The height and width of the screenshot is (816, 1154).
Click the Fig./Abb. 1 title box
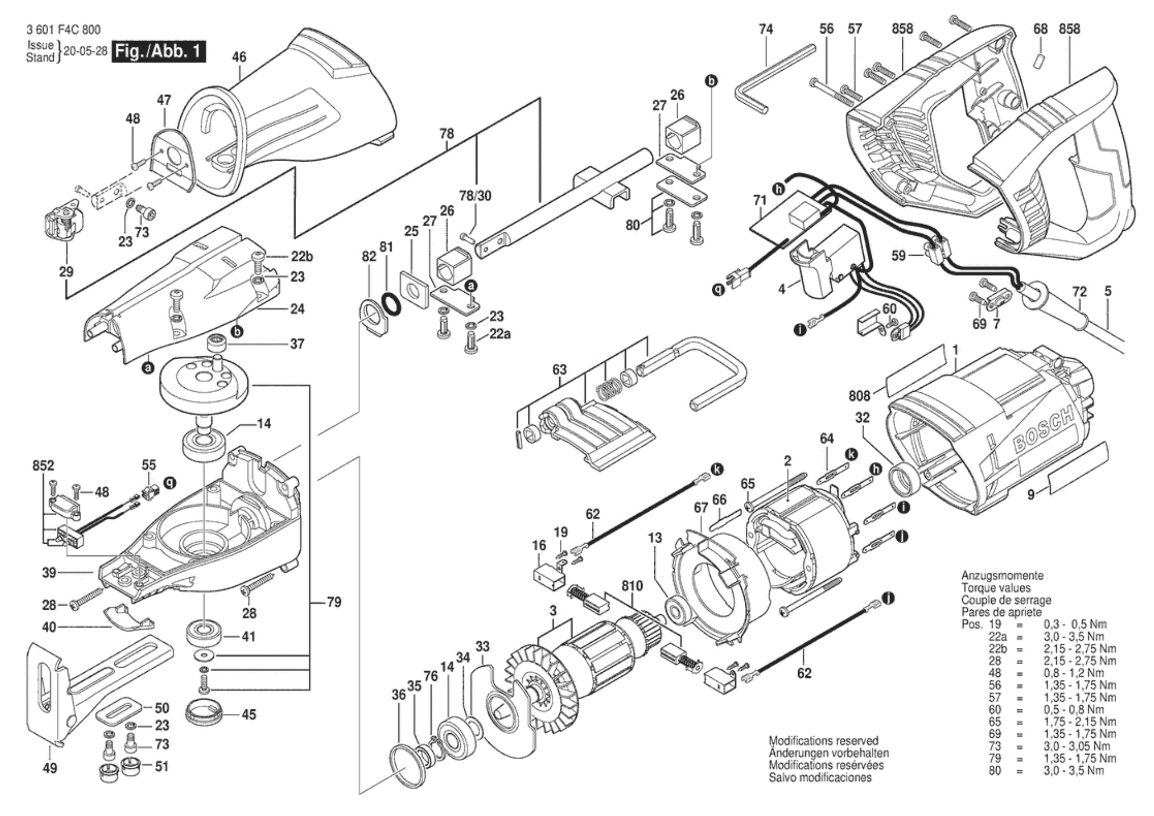[x=158, y=51]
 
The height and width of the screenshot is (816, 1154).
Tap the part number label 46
[x=239, y=57]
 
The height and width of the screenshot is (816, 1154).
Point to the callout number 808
[x=859, y=395]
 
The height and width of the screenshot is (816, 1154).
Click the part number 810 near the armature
[x=632, y=586]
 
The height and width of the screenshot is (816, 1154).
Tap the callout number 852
[x=43, y=465]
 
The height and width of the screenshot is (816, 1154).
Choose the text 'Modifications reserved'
[x=823, y=741]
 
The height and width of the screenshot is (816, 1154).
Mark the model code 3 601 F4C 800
[x=63, y=30]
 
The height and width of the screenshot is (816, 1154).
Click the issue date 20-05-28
[x=85, y=51]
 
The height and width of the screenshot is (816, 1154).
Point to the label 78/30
[x=475, y=196]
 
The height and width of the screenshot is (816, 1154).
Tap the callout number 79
[x=334, y=602]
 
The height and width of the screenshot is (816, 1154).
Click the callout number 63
[x=559, y=369]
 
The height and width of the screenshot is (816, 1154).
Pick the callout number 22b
[x=301, y=257]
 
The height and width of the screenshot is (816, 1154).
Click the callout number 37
[x=297, y=344]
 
